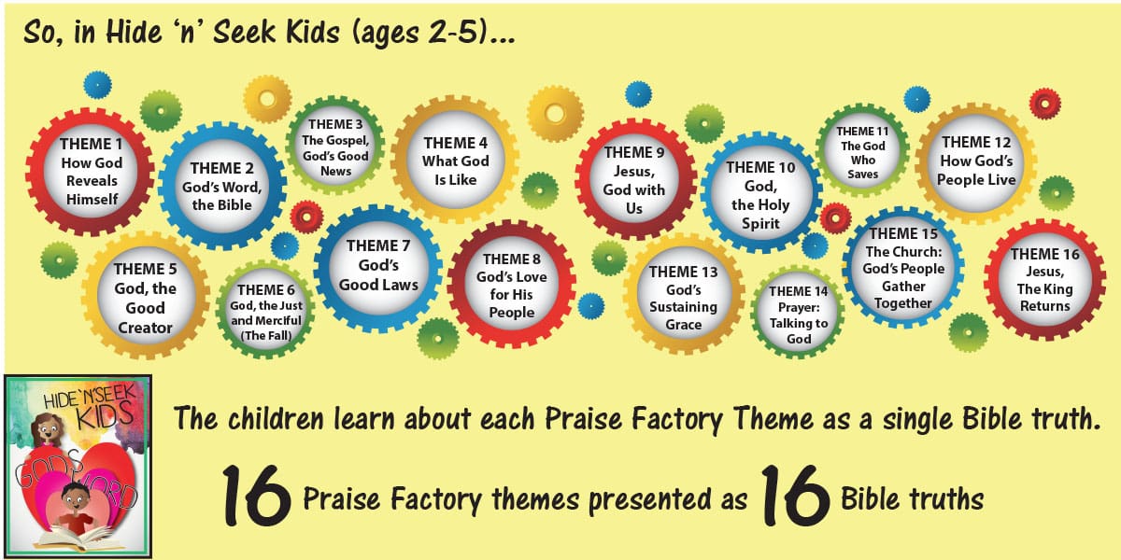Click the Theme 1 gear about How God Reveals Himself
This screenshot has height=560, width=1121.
(91, 172)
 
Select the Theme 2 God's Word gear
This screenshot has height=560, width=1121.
(222, 186)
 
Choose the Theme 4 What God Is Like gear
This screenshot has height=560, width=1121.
(455, 160)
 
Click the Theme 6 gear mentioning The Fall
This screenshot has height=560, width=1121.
(265, 311)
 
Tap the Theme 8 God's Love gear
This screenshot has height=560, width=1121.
(511, 285)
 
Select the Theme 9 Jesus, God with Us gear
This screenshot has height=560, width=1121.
(634, 178)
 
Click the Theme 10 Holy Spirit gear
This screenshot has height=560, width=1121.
(760, 193)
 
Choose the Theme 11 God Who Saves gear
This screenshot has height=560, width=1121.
(863, 152)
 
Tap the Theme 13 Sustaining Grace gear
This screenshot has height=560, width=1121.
(684, 296)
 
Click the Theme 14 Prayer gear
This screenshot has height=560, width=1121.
(799, 313)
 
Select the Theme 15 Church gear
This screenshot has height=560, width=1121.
(904, 268)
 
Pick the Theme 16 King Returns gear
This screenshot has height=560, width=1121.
(1045, 280)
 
